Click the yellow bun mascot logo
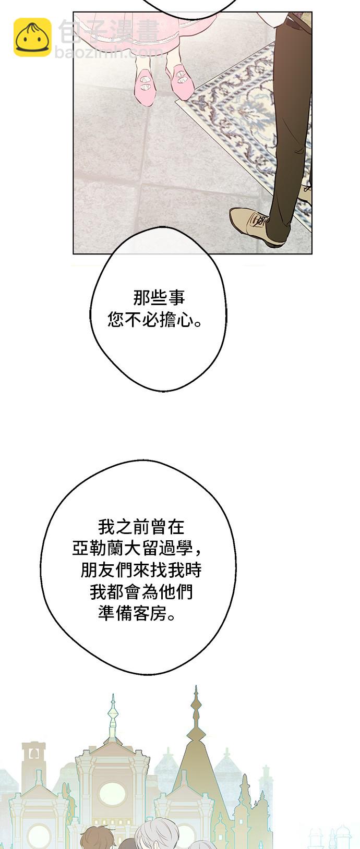click(32, 37)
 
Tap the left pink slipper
click(145, 86)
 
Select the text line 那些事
click(159, 298)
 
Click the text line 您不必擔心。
click(155, 320)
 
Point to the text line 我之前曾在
click(141, 527)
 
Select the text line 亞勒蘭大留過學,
click(138, 548)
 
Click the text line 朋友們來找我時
click(141, 569)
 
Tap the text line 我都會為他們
click(141, 591)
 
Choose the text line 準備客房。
click(137, 613)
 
